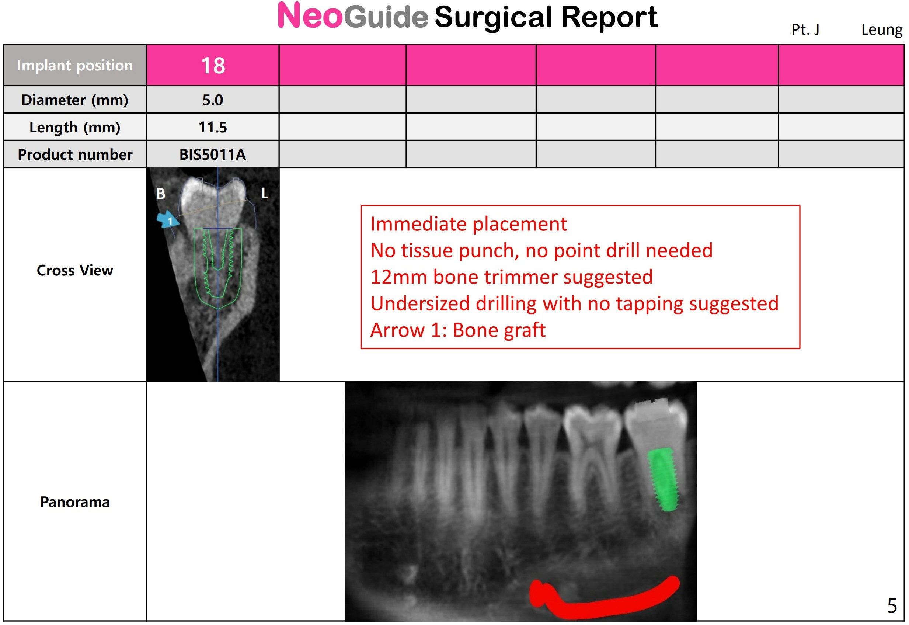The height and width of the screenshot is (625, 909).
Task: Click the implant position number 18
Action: pos(213,65)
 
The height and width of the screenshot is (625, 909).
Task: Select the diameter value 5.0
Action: pos(213,100)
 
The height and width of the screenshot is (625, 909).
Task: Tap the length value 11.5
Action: pos(213,128)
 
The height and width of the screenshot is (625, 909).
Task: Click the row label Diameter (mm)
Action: pos(75,100)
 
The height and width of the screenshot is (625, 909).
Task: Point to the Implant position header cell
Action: pos(75,65)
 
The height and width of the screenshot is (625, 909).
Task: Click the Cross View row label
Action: pos(75,271)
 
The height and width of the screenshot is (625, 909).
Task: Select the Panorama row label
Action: pos(75,503)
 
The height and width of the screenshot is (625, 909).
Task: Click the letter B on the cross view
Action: pos(161,194)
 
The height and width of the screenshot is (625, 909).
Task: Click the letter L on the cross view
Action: pos(265,194)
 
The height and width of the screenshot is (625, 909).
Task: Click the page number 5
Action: pos(892,606)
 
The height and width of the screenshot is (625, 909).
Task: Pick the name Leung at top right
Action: pos(882,30)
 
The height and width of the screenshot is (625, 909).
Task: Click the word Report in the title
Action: pos(610,17)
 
